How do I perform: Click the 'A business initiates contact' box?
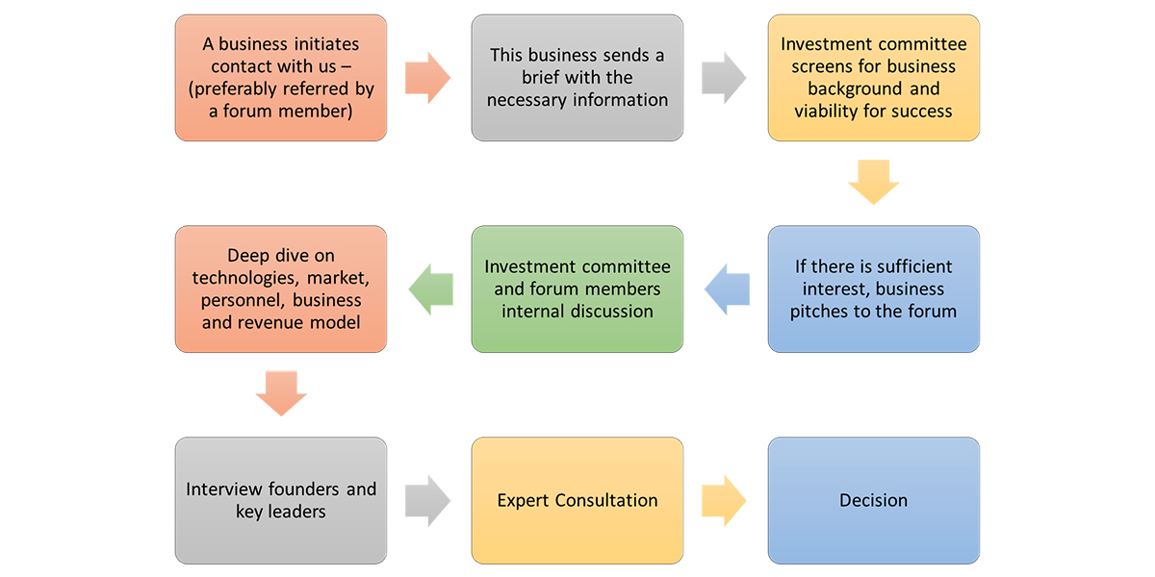click(x=280, y=78)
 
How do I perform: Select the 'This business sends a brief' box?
click(x=577, y=78)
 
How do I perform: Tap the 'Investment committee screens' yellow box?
click(x=873, y=78)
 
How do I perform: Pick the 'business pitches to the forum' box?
click(x=873, y=288)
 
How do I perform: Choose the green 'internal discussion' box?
click(x=577, y=288)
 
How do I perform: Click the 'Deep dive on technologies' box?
click(x=280, y=288)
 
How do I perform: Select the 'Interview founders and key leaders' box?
click(x=280, y=500)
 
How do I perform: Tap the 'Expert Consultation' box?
click(x=577, y=500)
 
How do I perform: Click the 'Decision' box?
click(x=873, y=500)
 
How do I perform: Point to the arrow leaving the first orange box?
click(x=428, y=78)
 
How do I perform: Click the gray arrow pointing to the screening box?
click(x=725, y=78)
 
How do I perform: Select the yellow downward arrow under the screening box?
click(x=873, y=182)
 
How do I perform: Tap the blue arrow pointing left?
click(x=726, y=288)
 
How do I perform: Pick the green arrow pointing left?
click(x=430, y=288)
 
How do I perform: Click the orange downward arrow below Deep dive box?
click(x=281, y=392)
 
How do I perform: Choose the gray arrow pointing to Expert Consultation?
click(x=428, y=500)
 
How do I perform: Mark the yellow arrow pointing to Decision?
click(x=725, y=500)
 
